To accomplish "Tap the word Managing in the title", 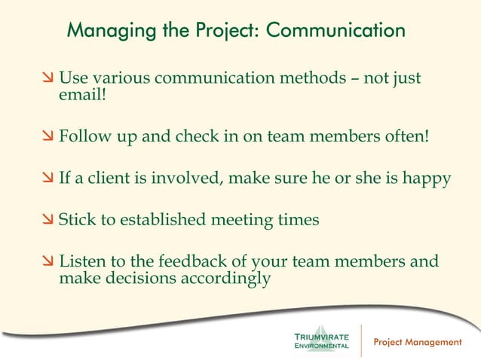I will (105, 32).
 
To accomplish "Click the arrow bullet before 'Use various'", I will (47, 78).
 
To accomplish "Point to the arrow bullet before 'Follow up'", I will (47, 138).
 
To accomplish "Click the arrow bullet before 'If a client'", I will (47, 180).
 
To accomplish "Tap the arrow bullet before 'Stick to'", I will (47, 221).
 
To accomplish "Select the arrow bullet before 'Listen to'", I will (47, 263).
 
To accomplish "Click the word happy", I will (429, 179).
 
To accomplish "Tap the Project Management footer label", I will (418, 342).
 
